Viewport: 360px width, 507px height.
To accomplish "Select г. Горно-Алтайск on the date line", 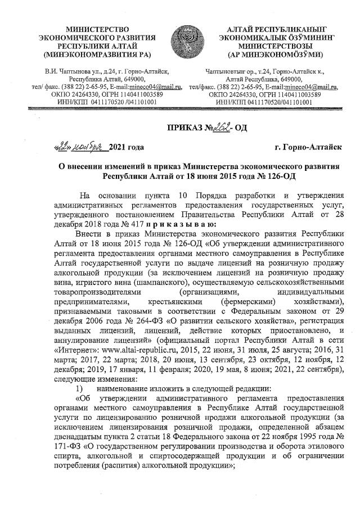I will tap(308, 147).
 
